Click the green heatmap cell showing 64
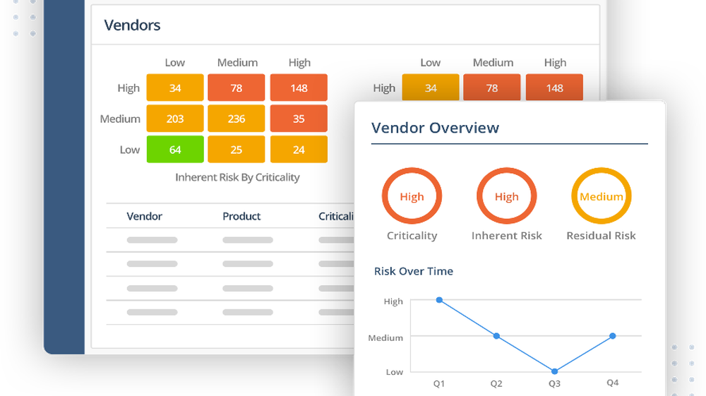click(x=175, y=150)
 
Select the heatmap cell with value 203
click(x=175, y=119)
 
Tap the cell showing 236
click(x=237, y=119)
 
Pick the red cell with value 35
click(x=299, y=119)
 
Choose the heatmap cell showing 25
click(x=237, y=150)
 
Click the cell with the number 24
click(x=299, y=150)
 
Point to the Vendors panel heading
click(x=132, y=25)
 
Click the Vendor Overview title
click(x=435, y=128)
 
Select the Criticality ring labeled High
click(x=412, y=197)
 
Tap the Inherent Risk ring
click(x=506, y=197)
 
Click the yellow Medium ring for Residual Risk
click(x=601, y=197)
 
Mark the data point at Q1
click(x=439, y=300)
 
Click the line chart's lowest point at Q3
click(x=554, y=371)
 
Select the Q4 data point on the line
click(x=612, y=336)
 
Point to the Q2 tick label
click(x=496, y=383)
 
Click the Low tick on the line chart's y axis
click(x=394, y=372)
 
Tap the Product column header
click(x=241, y=216)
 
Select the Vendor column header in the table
click(x=144, y=216)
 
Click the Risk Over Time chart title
click(x=413, y=271)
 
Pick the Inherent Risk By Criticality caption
click(x=237, y=177)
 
